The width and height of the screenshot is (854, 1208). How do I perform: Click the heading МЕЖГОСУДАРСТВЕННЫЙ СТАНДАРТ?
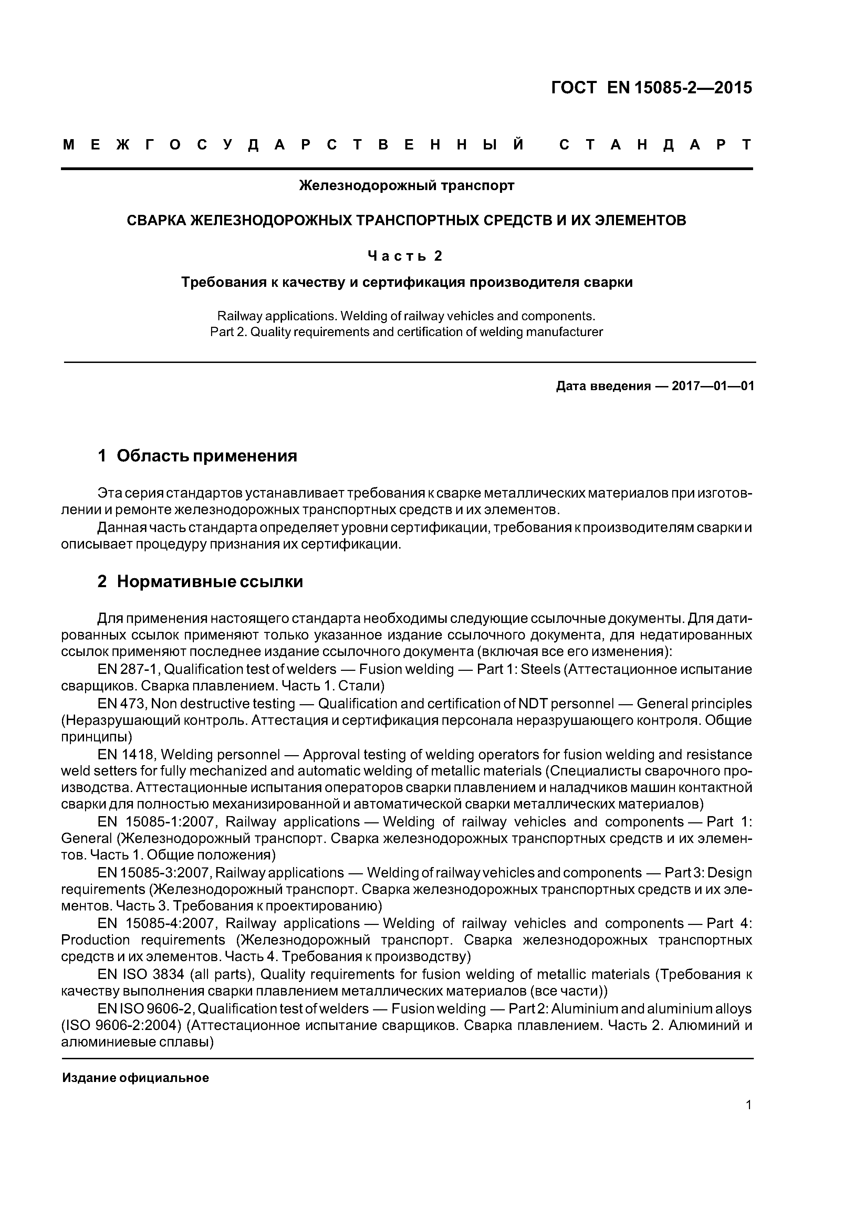407,145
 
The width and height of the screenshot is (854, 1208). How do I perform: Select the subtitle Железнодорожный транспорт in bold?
406,186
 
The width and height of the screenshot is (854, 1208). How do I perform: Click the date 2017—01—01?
713,386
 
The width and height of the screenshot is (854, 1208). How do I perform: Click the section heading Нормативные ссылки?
209,581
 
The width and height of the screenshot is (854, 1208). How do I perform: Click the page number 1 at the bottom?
749,1119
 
